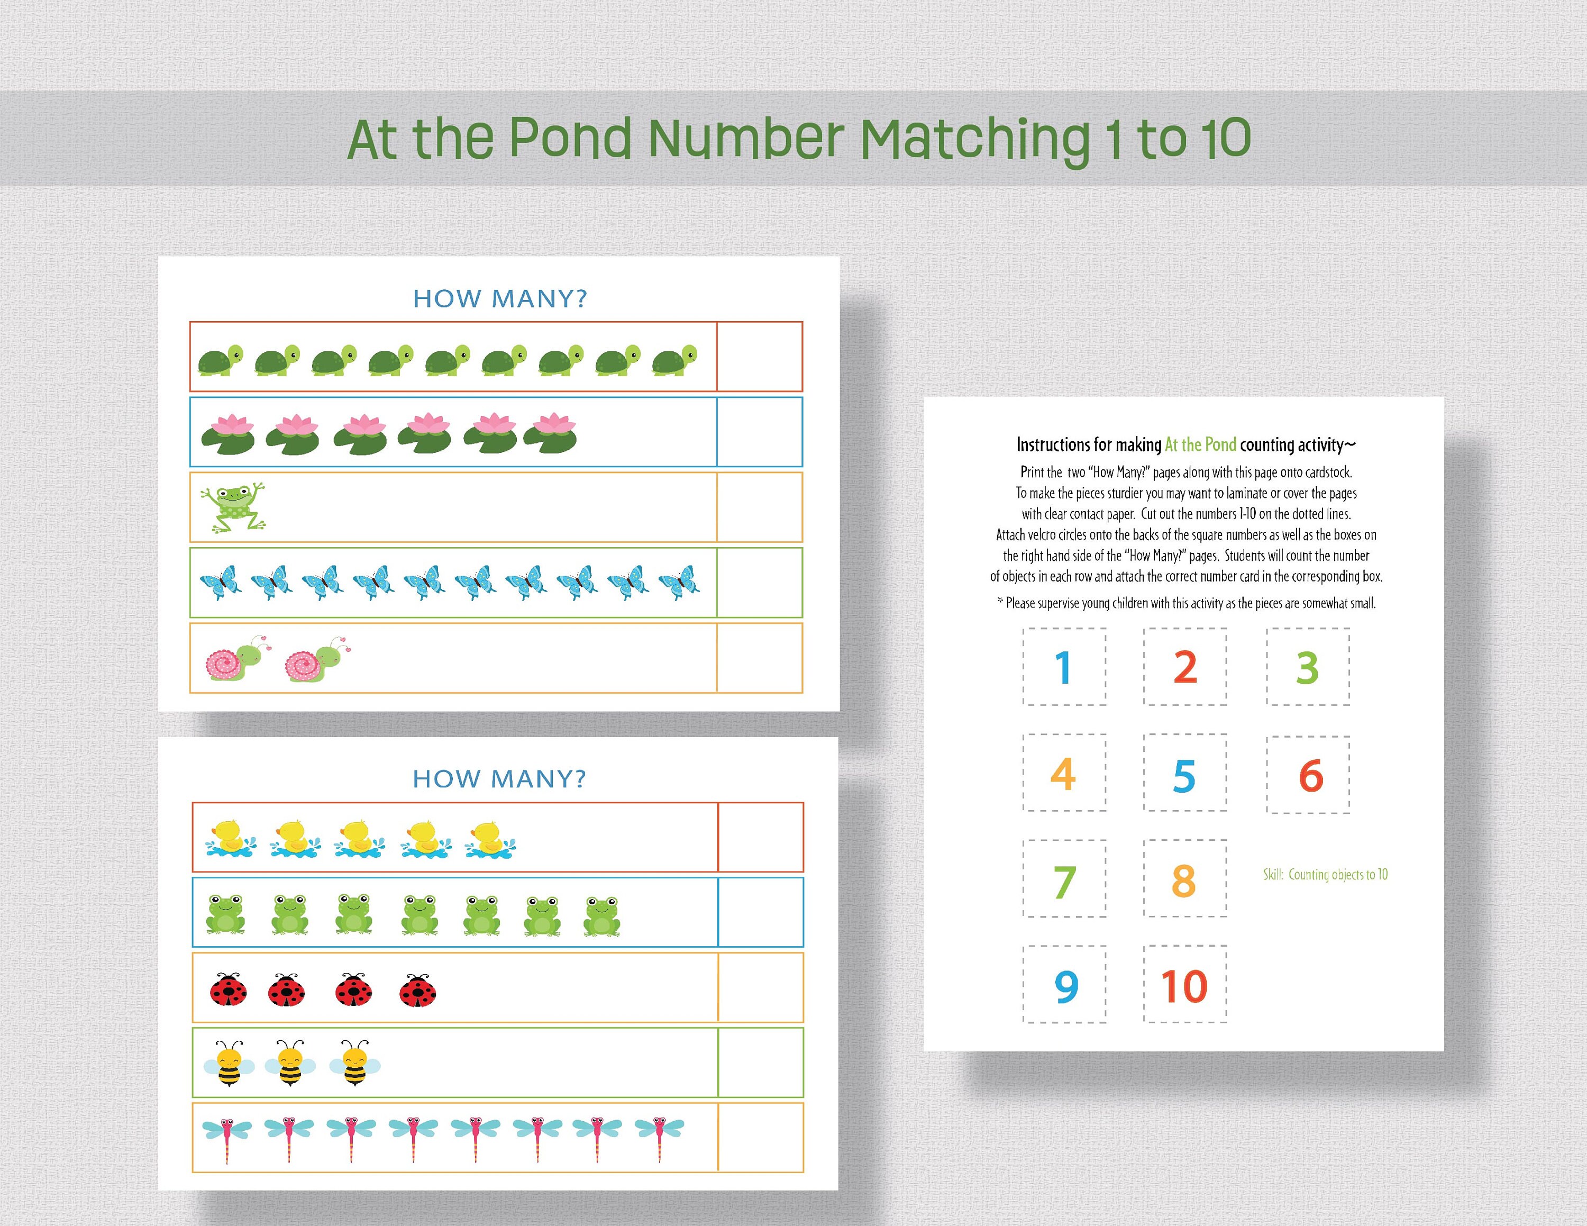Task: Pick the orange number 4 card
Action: pyautogui.click(x=1064, y=773)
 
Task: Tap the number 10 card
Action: pyautogui.click(x=1184, y=985)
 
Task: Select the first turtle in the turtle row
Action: pyautogui.click(x=220, y=360)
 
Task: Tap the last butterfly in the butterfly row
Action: pyautogui.click(x=679, y=582)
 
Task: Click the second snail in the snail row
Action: pyautogui.click(x=317, y=660)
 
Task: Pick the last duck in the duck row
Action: pyautogui.click(x=490, y=839)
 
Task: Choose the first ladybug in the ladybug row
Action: pyautogui.click(x=228, y=990)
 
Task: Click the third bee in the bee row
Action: pyautogui.click(x=354, y=1063)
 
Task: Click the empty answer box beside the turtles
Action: pyautogui.click(x=759, y=357)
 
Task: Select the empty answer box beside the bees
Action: pyautogui.click(x=760, y=1062)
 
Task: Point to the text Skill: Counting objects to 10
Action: pyautogui.click(x=1325, y=874)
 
